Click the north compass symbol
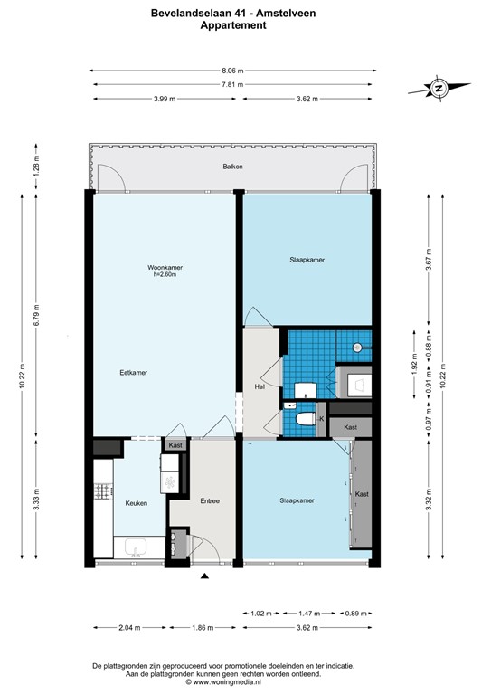(438, 89)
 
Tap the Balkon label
(233, 167)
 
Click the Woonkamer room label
(164, 267)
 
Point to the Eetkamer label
(133, 372)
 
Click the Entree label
(210, 500)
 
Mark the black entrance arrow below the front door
(205, 576)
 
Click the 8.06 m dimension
(233, 70)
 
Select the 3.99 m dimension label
(165, 99)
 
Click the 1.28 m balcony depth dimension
(35, 166)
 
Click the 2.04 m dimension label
(130, 627)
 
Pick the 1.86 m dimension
(204, 627)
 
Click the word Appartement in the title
(232, 26)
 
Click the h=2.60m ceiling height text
(164, 275)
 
